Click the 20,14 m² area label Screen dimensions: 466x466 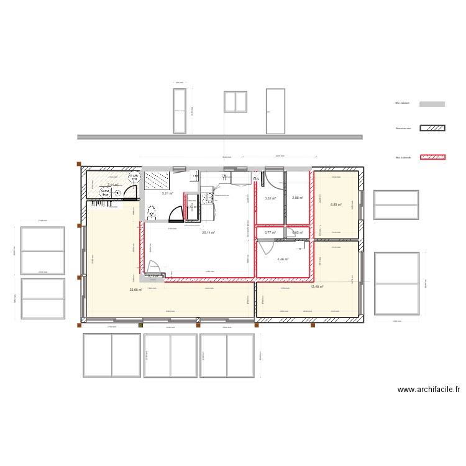coord(208,233)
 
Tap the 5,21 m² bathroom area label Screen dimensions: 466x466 coord(167,193)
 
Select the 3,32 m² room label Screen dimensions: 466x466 coord(270,198)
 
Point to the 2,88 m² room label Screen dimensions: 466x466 coord(297,198)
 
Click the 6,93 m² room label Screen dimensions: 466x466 coord(336,204)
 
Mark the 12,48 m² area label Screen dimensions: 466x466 coord(317,287)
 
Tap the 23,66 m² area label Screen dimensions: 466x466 coord(135,290)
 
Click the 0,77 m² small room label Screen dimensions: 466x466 coord(270,232)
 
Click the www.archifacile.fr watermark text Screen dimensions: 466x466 coord(429,390)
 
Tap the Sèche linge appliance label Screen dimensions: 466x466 coord(106,193)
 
